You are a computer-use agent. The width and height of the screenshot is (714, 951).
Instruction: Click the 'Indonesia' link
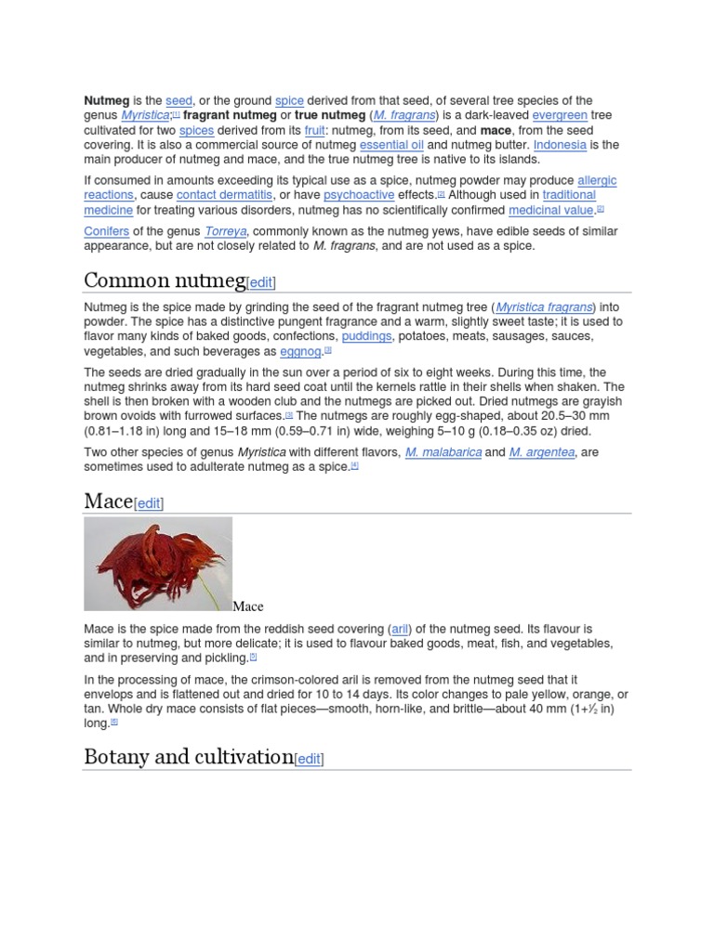coord(560,145)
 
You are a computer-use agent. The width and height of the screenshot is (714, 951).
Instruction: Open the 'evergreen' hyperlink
coord(560,115)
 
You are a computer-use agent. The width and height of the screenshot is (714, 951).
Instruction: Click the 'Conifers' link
coord(106,231)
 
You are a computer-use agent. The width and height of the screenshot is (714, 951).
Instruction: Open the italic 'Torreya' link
coord(225,231)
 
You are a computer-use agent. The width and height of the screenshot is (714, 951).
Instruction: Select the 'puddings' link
coord(366,336)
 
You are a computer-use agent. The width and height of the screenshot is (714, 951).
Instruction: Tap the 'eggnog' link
coord(300,352)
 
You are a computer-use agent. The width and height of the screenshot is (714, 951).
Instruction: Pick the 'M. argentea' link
coord(542,452)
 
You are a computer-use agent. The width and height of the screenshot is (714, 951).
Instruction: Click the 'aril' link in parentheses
coord(402,629)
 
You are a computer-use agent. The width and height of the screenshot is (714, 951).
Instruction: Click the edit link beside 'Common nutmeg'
coord(260,282)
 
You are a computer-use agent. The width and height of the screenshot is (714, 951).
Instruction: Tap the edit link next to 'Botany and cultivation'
coord(309,759)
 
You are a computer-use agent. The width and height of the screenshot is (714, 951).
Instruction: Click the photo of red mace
coord(158,564)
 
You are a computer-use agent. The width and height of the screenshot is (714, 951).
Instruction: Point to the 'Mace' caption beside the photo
coord(248,606)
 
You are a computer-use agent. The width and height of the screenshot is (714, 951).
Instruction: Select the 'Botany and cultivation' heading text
coord(189,757)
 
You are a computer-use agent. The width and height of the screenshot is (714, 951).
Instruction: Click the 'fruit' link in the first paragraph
coord(314,130)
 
